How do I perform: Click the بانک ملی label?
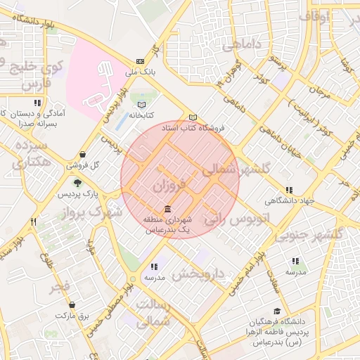(x=139, y=71)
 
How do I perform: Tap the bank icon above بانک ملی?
(x=140, y=60)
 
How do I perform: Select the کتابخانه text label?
(x=141, y=114)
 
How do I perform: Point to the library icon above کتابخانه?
(x=142, y=103)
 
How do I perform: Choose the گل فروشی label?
(x=83, y=165)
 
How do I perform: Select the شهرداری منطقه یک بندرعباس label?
(x=167, y=225)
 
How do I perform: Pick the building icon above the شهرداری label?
(x=167, y=210)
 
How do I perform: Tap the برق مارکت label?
(x=74, y=316)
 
